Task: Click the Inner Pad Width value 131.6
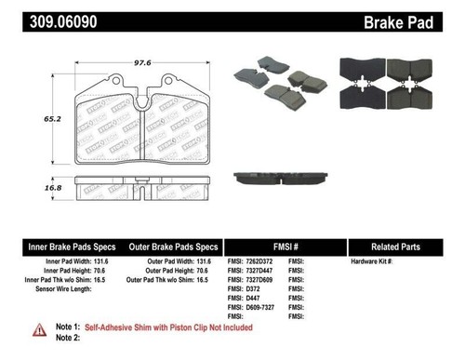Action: [x=98, y=262]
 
